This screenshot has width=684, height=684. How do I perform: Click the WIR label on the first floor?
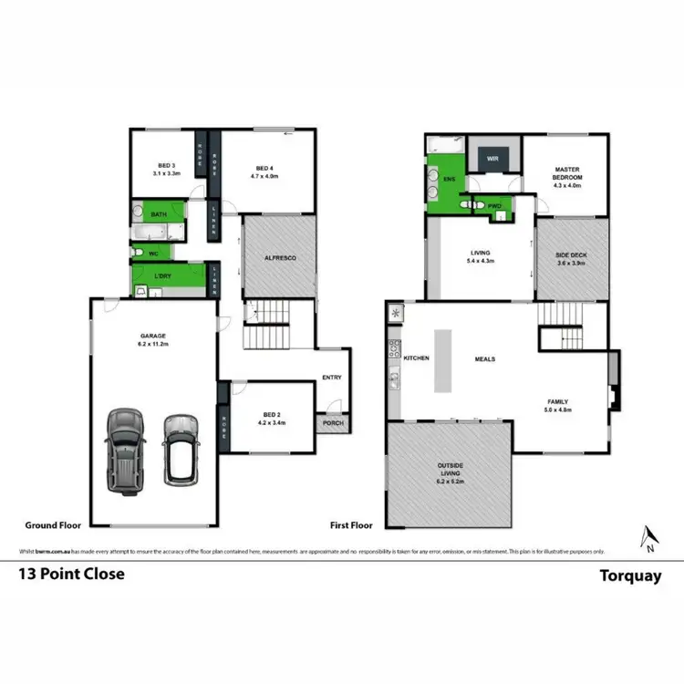click(492, 158)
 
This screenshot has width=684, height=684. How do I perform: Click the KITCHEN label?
click(416, 358)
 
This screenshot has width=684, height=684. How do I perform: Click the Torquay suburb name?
click(628, 575)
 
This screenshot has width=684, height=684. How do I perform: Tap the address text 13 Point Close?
click(72, 575)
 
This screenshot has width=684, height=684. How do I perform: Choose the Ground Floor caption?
click(54, 525)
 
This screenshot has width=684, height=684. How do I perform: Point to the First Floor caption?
click(352, 525)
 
